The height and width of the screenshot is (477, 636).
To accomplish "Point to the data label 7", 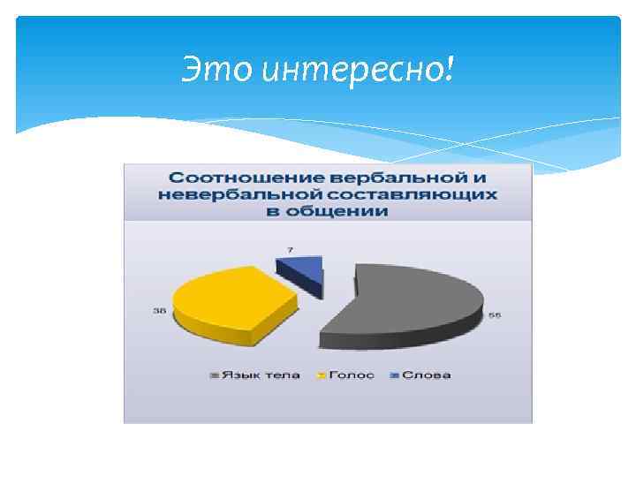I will click(x=291, y=250).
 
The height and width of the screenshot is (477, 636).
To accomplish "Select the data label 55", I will click(x=495, y=316).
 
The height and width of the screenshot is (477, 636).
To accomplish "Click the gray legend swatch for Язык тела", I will click(x=215, y=375).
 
